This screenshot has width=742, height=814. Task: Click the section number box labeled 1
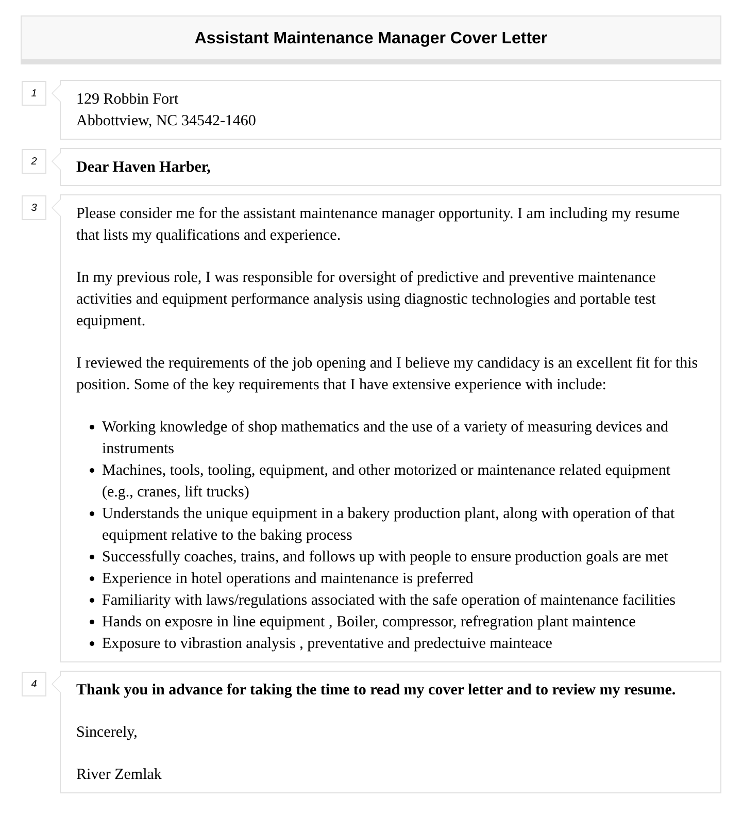34,93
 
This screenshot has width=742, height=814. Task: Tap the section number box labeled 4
34,684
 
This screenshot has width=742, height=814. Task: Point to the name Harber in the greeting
184,167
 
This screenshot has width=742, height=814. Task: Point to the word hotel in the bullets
207,578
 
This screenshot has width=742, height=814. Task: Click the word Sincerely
107,732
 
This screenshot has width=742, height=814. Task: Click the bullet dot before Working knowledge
92,427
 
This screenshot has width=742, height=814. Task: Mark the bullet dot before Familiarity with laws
92,601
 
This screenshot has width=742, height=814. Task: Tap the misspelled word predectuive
449,643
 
